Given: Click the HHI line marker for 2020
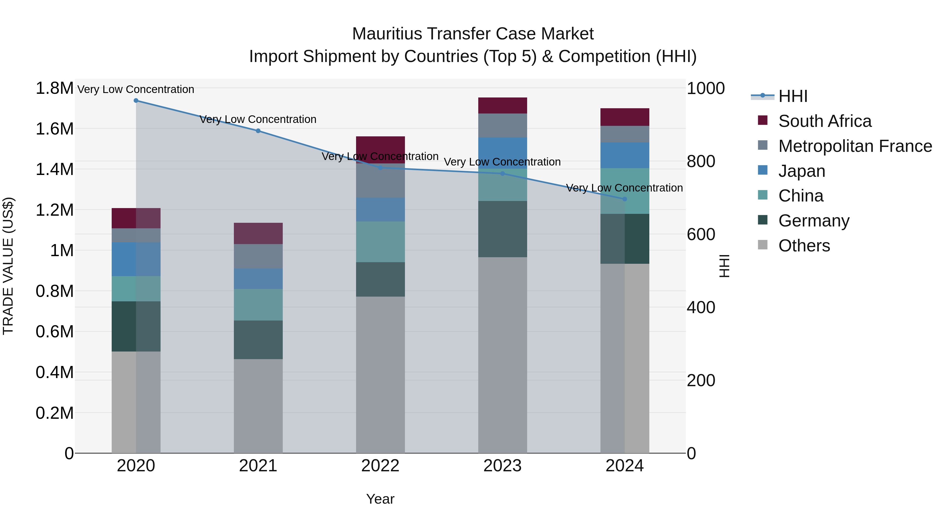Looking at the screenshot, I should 136,101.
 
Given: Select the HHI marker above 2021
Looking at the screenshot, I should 258,131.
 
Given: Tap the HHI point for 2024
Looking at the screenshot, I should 625,199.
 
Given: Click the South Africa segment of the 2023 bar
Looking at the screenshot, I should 502,105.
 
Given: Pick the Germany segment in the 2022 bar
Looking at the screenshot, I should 381,280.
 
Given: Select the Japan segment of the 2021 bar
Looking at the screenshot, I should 258,279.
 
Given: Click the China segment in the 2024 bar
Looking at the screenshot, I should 625,191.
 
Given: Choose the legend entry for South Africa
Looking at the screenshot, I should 824,121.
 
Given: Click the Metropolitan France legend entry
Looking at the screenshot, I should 855,146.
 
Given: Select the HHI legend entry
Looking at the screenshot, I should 793,96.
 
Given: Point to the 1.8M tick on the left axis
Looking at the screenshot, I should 54,89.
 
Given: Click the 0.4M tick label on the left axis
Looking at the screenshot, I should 54,372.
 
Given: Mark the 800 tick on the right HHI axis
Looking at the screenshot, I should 701,162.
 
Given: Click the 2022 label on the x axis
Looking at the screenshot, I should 381,466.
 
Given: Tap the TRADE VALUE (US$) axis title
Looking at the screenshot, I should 8,266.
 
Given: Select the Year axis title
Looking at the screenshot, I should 381,499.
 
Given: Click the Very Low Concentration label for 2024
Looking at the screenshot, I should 624,188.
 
